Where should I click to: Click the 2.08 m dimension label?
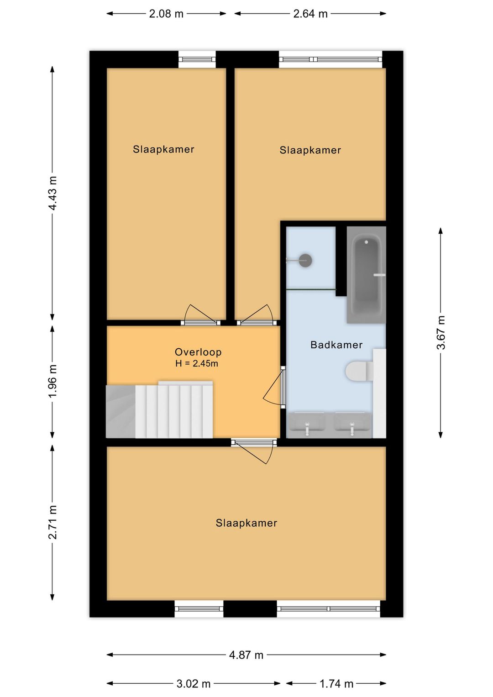point(166,14)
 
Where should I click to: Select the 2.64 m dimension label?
point(310,14)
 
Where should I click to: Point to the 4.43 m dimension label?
point(52,193)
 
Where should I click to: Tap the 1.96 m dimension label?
point(52,381)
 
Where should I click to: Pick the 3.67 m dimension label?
point(441,333)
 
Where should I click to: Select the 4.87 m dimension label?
point(246,655)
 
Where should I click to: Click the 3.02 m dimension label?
point(194,684)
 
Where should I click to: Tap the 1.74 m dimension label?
point(336,684)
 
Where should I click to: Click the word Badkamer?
point(336,345)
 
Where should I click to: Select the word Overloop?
point(198,352)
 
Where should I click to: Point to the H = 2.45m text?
point(197,363)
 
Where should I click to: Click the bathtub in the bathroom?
point(366,274)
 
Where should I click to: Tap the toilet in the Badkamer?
point(360,371)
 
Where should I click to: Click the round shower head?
point(305,260)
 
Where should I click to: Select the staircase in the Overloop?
point(159,409)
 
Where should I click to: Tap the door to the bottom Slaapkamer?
point(254,451)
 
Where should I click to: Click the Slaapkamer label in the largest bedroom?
point(246,523)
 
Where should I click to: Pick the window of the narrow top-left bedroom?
point(197,60)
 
